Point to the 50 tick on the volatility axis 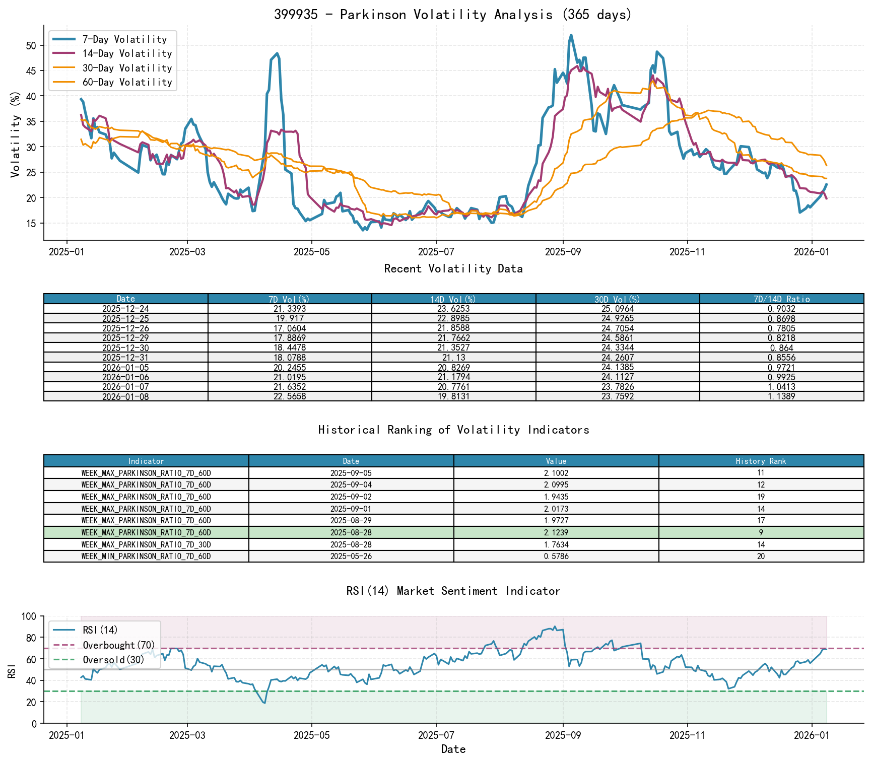[x=31, y=46]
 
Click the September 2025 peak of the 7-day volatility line [x=571, y=35]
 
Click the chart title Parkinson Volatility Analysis [x=453, y=14]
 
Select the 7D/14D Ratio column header [x=781, y=299]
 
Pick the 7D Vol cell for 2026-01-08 [x=290, y=396]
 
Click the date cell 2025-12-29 [x=126, y=338]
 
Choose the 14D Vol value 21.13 [x=453, y=358]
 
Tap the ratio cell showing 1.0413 [x=781, y=387]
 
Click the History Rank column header [x=761, y=461]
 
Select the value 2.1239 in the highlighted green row [x=556, y=532]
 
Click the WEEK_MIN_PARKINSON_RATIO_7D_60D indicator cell [x=146, y=557]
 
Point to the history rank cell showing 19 [x=761, y=497]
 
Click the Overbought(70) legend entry [x=119, y=645]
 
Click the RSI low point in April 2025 [x=264, y=703]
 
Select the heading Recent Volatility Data [x=453, y=269]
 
